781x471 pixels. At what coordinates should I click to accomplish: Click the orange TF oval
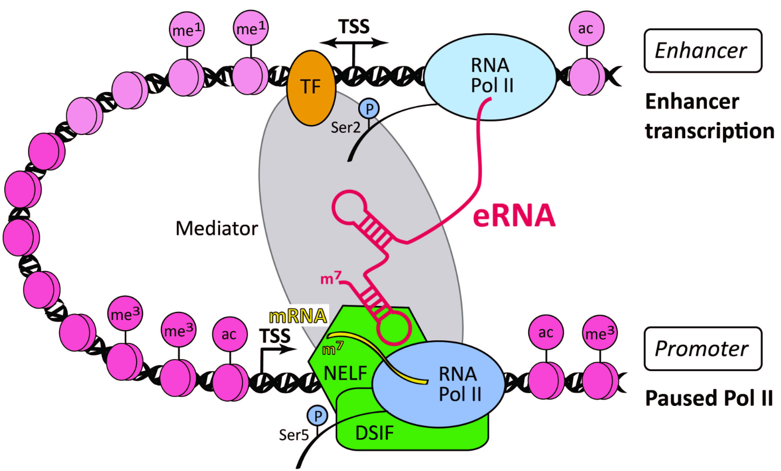(311, 88)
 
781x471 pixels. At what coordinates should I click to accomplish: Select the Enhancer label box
(702, 51)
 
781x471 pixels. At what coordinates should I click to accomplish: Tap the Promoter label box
(702, 349)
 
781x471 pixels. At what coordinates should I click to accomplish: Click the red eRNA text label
(514, 216)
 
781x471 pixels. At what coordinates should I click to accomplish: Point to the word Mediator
(217, 229)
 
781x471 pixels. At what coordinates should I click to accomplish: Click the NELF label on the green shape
(345, 373)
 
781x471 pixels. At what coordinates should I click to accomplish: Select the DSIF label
(374, 433)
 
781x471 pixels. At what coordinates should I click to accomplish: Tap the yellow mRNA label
(297, 316)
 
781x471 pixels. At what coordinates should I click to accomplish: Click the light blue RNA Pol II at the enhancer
(491, 70)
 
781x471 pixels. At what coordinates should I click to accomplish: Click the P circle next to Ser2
(369, 109)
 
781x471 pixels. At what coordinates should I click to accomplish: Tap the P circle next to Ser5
(317, 416)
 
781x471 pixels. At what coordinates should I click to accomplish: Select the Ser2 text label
(345, 127)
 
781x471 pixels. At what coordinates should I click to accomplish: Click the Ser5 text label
(294, 434)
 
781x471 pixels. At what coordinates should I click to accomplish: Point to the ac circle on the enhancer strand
(586, 29)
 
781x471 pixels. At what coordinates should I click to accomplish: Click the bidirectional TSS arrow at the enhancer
(354, 42)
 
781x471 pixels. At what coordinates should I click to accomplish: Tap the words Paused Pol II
(708, 398)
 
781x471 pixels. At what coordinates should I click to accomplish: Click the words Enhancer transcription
(708, 116)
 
